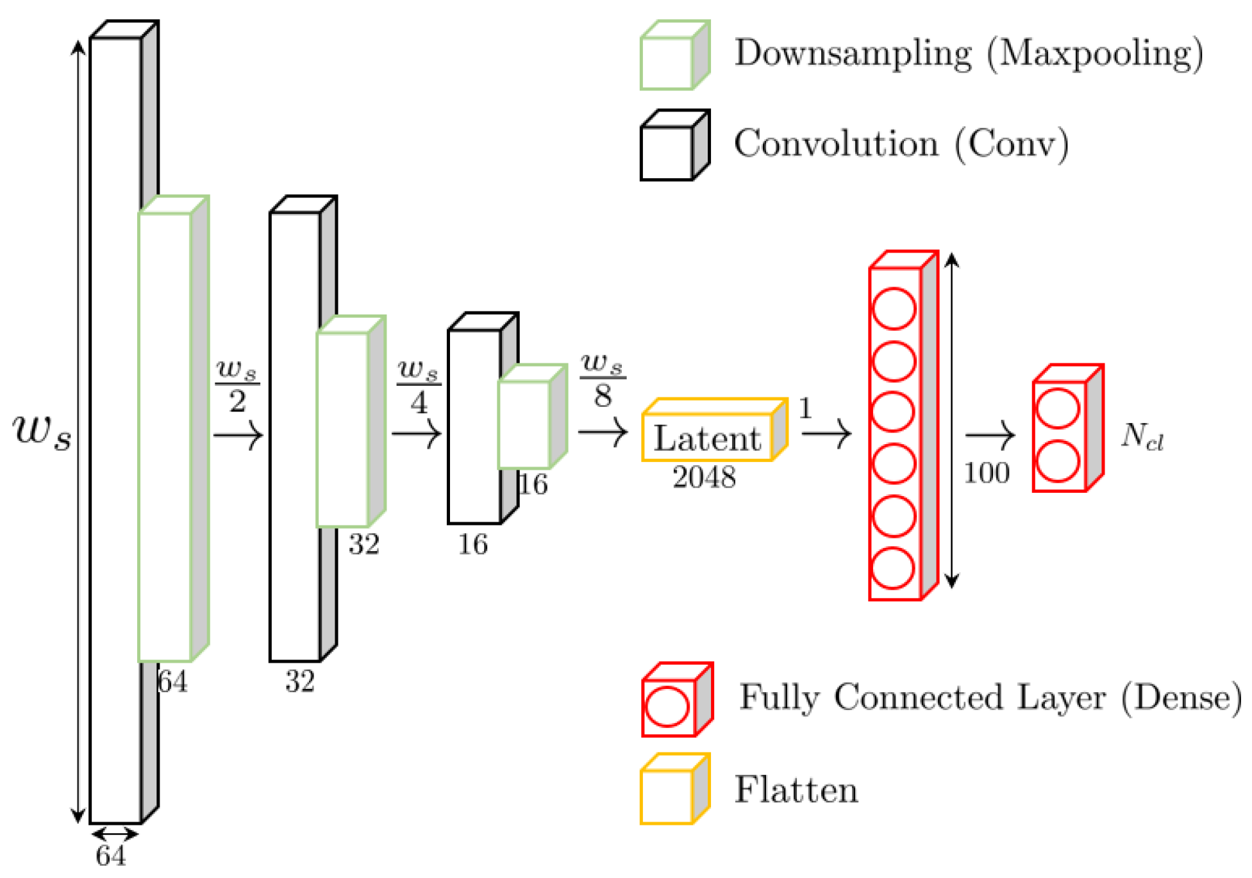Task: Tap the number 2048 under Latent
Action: (704, 477)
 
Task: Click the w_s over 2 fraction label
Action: (237, 385)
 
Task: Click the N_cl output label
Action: (1142, 437)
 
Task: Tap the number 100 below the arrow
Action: (987, 474)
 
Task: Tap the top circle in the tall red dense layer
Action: (894, 309)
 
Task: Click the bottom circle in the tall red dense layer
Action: (894, 568)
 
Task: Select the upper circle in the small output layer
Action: (1058, 408)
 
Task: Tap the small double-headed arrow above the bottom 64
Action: (115, 834)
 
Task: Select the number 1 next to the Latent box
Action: (806, 408)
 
